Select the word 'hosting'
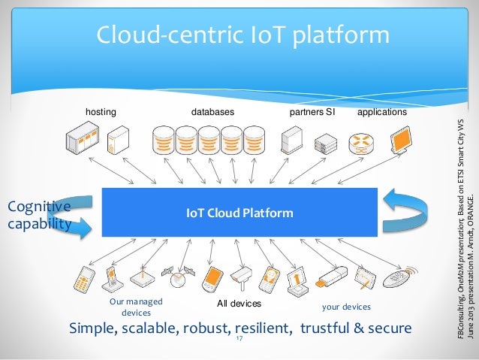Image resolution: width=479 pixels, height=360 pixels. click(101, 112)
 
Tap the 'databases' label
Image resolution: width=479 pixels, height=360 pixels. click(212, 112)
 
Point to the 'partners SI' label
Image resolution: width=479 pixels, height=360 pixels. click(312, 112)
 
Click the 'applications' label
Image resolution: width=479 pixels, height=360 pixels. click(382, 112)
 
